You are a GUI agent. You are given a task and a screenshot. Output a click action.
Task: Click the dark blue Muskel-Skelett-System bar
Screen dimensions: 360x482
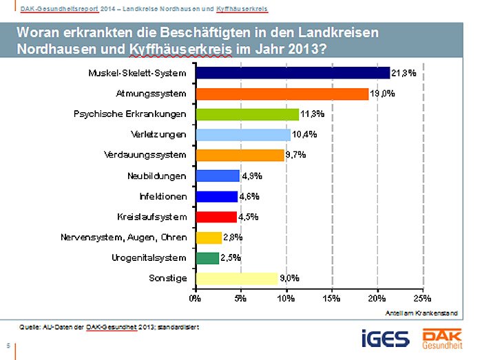click(293, 73)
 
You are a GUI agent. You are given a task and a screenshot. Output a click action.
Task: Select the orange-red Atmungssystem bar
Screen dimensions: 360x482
click(282, 94)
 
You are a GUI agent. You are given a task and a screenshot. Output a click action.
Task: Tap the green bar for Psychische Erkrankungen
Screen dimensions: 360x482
click(247, 114)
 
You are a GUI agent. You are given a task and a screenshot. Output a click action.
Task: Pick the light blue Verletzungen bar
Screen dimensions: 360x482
click(243, 134)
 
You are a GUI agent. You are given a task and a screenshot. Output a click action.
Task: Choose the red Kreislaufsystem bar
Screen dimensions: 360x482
click(216, 217)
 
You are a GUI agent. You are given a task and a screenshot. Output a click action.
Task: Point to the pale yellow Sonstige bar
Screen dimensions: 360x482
click(237, 279)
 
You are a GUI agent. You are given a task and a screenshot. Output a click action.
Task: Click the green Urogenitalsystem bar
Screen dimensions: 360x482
click(207, 258)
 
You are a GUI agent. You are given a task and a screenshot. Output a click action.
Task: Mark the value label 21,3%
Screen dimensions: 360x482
click(404, 73)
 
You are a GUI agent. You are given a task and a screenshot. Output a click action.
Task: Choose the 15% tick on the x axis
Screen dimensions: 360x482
click(331, 299)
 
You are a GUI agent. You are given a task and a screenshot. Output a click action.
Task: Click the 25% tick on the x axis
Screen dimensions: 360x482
click(422, 299)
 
